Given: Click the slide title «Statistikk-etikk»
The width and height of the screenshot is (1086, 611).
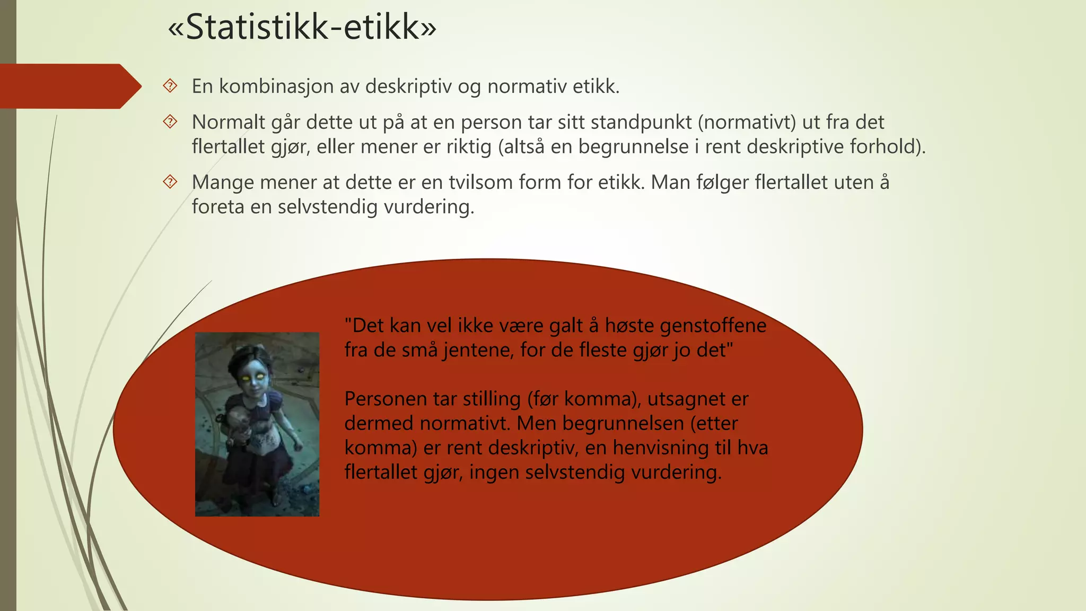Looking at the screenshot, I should [x=302, y=28].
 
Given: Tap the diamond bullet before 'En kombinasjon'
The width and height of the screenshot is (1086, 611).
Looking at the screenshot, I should [x=170, y=86].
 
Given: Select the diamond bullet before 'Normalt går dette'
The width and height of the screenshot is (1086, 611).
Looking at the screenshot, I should [x=170, y=122].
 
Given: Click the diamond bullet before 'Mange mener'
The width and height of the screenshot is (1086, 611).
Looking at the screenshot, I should [x=170, y=182].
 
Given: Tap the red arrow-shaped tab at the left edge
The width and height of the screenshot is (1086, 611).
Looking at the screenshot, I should [x=69, y=86].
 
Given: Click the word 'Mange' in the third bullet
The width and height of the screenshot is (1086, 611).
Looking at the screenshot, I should [x=223, y=182].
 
